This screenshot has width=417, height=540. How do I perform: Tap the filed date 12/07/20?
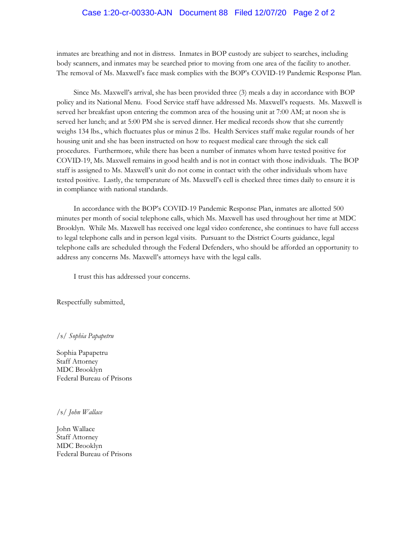tap(261, 13)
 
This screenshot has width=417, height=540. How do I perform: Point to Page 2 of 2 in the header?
tap(314, 13)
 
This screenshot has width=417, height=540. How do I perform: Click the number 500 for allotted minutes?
tap(338, 209)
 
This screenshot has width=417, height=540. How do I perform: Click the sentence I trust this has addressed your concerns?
tap(132, 277)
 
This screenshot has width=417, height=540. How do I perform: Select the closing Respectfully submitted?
tap(90, 302)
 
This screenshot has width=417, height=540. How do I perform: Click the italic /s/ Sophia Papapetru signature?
tap(85, 335)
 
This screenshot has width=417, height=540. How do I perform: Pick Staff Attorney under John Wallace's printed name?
tap(77, 437)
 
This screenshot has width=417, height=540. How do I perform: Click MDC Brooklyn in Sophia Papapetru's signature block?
tap(79, 369)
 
